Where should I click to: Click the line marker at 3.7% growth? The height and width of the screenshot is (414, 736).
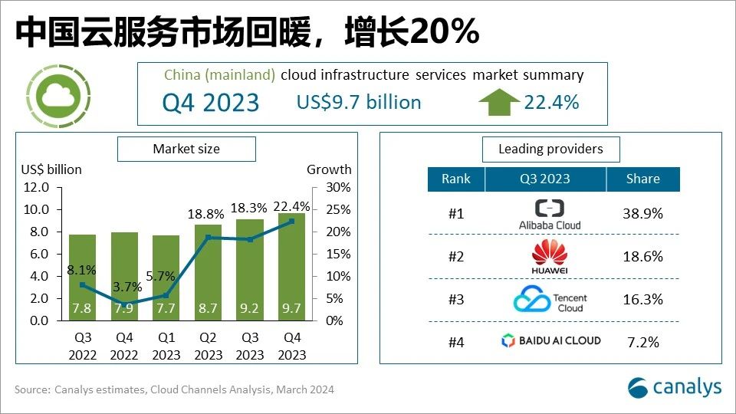pos(123,304)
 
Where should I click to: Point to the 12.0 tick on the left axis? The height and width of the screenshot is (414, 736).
pos(35,187)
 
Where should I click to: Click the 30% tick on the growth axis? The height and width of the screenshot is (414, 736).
pos(340,187)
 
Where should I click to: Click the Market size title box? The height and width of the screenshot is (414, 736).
pos(186,149)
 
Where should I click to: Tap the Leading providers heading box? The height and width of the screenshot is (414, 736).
pos(550,149)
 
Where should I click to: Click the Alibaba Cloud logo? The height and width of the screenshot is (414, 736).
pos(550,214)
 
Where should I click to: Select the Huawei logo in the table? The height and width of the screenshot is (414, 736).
pos(550,257)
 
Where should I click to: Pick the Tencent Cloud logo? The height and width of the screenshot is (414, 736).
pos(550,300)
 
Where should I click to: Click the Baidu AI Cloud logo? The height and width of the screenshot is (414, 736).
pos(550,340)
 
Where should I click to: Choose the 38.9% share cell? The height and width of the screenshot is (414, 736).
pos(642,214)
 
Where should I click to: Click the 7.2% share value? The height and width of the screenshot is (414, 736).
pos(642,342)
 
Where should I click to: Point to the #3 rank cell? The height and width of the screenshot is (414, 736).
pos(456,300)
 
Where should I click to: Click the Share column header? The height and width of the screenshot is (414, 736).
pos(642,179)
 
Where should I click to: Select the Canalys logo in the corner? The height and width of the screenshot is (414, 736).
pos(675,387)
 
